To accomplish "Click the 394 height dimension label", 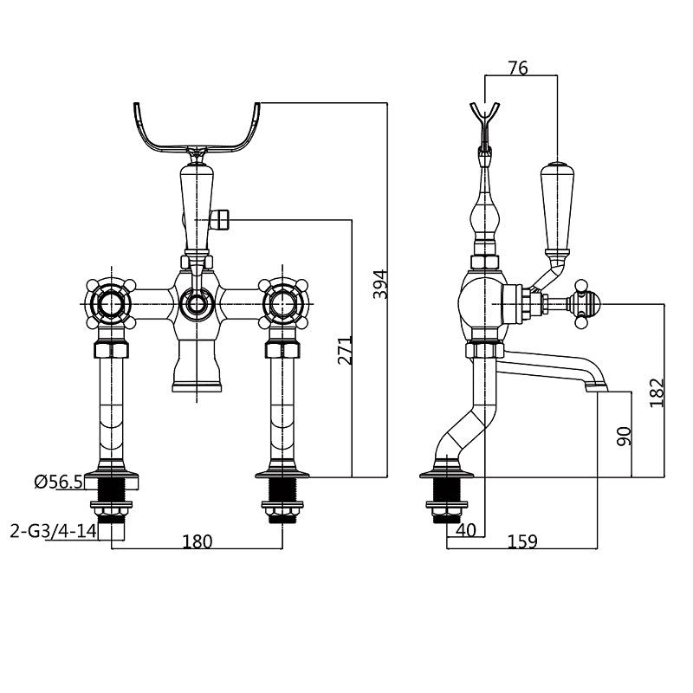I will click(379, 284).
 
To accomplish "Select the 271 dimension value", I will click(345, 349).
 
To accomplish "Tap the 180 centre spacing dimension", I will click(198, 541).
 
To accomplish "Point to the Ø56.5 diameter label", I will click(59, 483).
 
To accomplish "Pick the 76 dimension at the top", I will click(518, 68).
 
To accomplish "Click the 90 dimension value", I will click(623, 435).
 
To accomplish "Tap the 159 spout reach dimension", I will click(521, 541).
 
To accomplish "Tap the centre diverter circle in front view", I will click(196, 304).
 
